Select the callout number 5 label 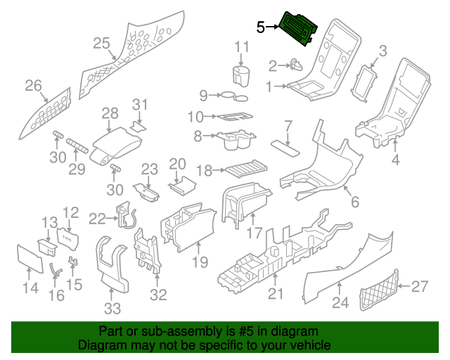[260, 27]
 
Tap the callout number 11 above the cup [242, 48]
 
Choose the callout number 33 [112, 307]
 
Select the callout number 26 [33, 86]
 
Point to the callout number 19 [200, 262]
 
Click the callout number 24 [340, 304]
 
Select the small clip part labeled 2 [295, 66]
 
